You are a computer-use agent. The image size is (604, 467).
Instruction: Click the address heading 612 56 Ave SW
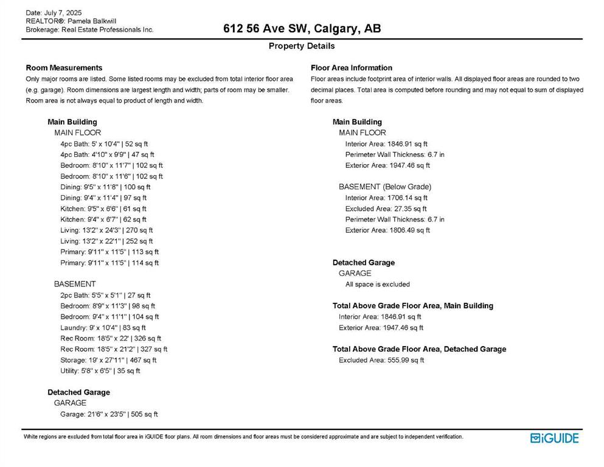[x=302, y=29]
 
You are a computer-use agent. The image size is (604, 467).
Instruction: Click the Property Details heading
[x=302, y=46]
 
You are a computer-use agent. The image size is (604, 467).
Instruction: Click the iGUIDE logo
[x=554, y=438]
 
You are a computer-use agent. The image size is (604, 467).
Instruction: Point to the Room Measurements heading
[x=64, y=67]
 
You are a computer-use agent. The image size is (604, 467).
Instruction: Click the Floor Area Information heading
[x=351, y=67]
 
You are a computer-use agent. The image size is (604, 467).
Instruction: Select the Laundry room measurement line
[x=103, y=328]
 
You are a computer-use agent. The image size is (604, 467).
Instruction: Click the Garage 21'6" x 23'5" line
[x=109, y=414]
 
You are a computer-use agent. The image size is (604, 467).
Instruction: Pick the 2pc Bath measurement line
[x=105, y=295]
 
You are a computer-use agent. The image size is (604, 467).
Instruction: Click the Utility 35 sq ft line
[x=100, y=371]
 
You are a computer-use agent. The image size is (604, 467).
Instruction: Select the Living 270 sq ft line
[x=106, y=230]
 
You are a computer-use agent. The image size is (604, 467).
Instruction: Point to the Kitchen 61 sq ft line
[x=103, y=209]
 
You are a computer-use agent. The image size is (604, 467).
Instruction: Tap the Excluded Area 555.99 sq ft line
[x=381, y=360]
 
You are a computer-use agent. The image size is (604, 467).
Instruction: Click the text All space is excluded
[x=377, y=284]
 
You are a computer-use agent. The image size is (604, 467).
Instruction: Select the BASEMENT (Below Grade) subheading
[x=384, y=187]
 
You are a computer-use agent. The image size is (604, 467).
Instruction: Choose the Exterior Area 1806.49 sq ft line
[x=387, y=230]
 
